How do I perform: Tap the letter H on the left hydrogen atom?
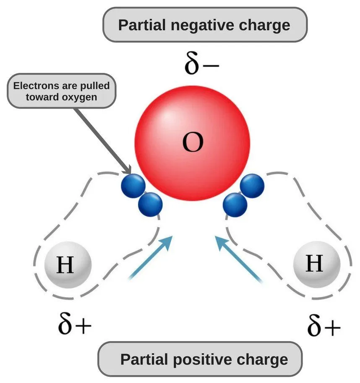coord(65,265)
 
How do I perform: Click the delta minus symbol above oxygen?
coord(201,65)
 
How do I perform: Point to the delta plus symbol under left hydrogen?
coord(74,325)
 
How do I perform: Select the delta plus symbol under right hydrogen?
coord(323,326)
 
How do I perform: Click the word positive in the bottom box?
coord(204,360)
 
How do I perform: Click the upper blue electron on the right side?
coord(252,185)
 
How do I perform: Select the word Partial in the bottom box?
coord(143,360)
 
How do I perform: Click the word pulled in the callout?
coord(95,86)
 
